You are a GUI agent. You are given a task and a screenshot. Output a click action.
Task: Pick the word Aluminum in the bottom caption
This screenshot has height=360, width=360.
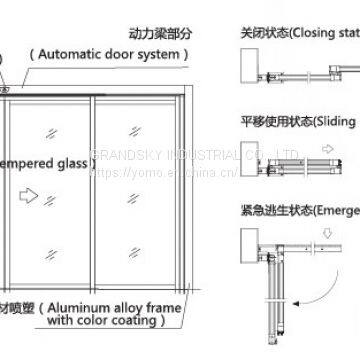[x=83, y=310]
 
